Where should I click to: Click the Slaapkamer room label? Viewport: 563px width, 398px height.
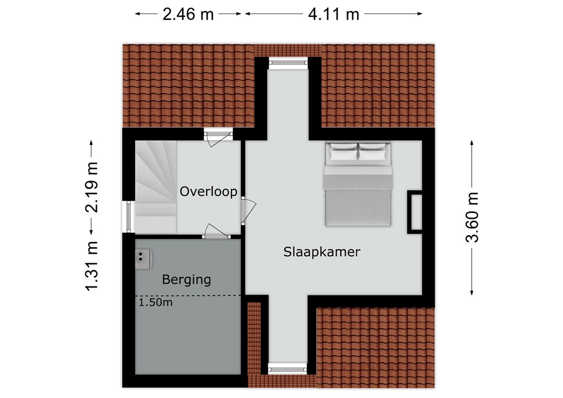click(x=322, y=252)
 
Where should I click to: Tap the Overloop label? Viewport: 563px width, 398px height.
click(x=208, y=191)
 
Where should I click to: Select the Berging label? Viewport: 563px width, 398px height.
click(x=186, y=280)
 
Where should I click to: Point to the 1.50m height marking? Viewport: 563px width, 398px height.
click(x=156, y=302)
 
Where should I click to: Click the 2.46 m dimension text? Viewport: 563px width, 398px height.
click(x=188, y=15)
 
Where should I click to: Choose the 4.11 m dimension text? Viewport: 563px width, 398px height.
click(x=334, y=15)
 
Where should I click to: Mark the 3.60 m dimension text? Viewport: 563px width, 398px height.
click(x=472, y=217)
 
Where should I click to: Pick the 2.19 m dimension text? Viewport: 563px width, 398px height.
click(x=92, y=187)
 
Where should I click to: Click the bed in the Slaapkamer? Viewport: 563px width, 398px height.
click(x=358, y=185)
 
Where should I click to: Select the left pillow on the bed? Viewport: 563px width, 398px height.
click(x=344, y=152)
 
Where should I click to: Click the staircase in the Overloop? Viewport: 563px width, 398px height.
click(x=156, y=186)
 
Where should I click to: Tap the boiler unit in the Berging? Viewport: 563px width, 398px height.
click(x=143, y=259)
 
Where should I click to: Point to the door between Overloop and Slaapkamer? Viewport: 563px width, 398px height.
click(x=248, y=211)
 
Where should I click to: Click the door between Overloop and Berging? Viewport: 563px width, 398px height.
click(x=216, y=231)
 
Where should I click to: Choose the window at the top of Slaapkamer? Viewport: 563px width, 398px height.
click(x=288, y=63)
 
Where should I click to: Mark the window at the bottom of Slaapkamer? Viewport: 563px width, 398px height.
click(x=288, y=368)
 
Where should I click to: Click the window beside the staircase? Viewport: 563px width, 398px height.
click(x=129, y=217)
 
